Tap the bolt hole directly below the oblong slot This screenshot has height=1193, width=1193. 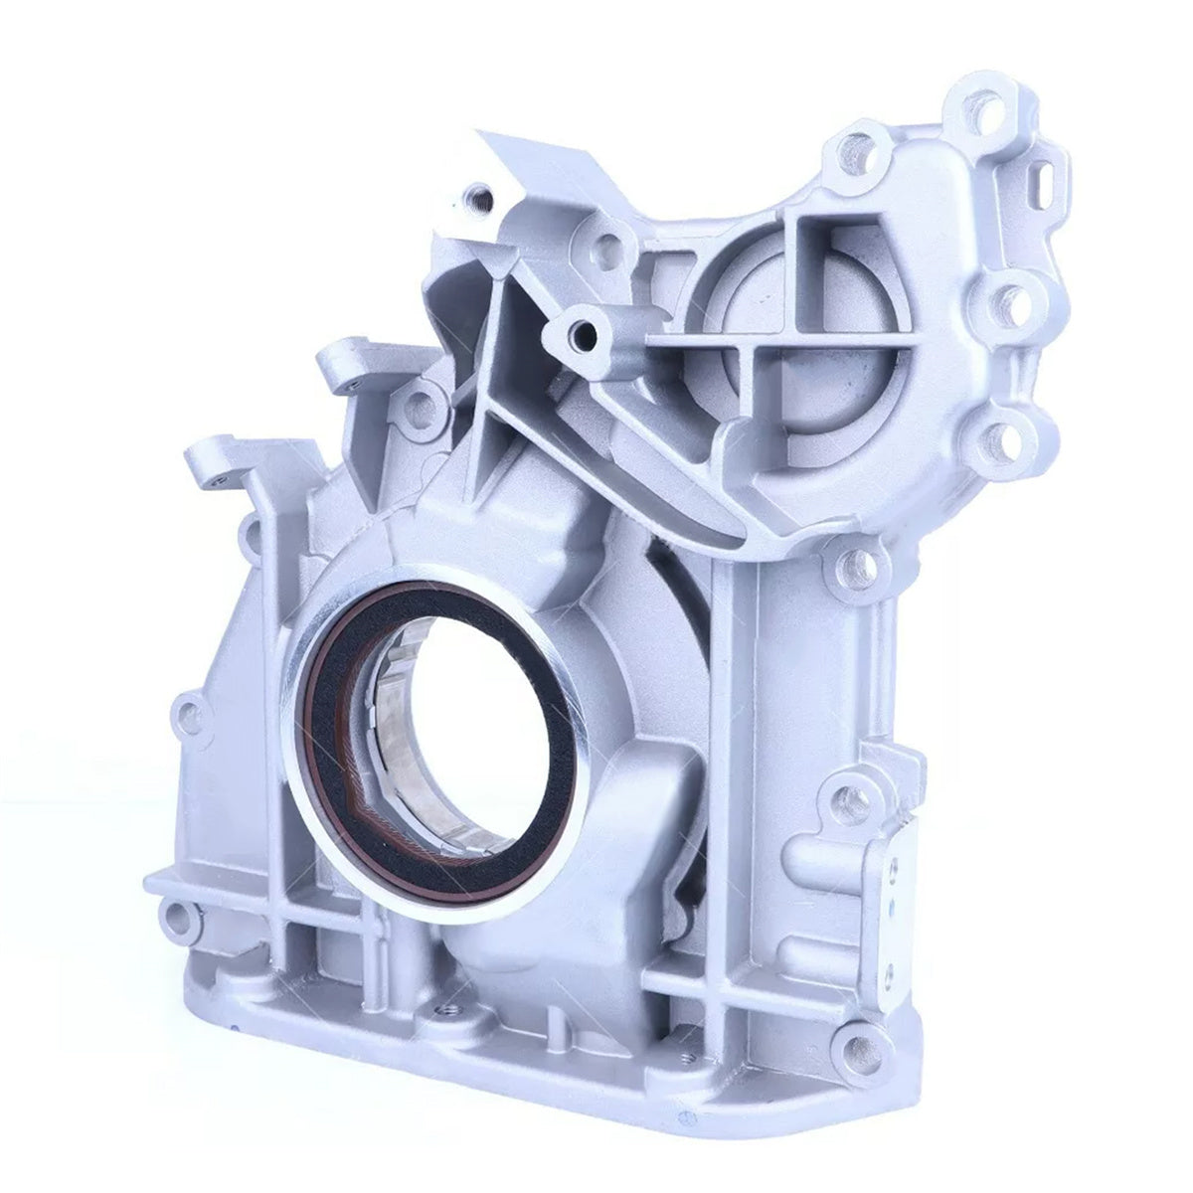pyautogui.click(x=1006, y=294)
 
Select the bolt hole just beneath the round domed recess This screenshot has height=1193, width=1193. pyautogui.click(x=1004, y=435)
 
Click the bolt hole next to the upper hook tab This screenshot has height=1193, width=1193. pyautogui.click(x=422, y=404)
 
